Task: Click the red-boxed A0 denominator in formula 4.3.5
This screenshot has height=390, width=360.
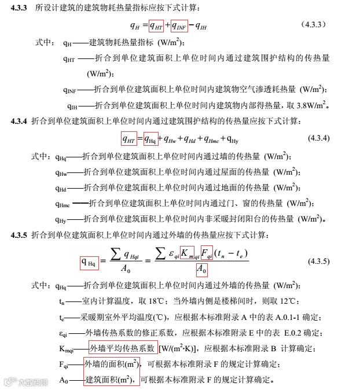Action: (201, 270)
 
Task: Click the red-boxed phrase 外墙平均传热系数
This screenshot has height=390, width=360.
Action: (122, 347)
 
